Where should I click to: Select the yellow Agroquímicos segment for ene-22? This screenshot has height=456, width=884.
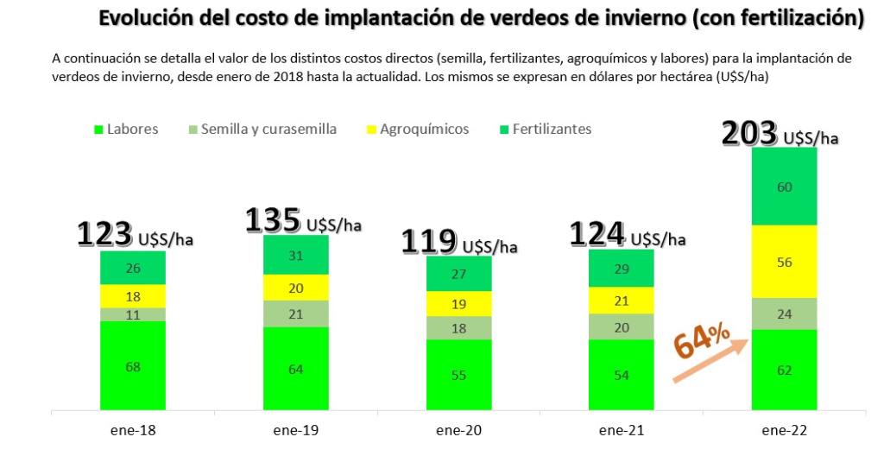pos(785,261)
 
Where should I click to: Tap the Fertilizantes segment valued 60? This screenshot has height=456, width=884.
pos(785,187)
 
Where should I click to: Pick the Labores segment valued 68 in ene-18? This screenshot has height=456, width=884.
pos(133,365)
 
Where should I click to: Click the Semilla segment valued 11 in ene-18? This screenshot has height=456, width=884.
pos(133,314)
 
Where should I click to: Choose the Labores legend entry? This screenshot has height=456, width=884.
pos(126,130)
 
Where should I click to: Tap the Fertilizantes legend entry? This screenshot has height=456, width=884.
pos(545,130)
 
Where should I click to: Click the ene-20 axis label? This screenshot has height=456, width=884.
pos(458,429)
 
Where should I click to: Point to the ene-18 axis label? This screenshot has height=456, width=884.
pos(133,429)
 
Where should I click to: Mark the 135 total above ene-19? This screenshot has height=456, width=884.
pos(273,220)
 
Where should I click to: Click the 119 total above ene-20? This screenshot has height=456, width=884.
pos(429,242)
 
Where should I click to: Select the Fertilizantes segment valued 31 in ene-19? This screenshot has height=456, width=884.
pos(296,255)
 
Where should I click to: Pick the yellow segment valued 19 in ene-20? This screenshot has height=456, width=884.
pos(459,303)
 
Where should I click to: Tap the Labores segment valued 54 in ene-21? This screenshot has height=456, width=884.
pos(622,375)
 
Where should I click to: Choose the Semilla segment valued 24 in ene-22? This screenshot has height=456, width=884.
pos(785,313)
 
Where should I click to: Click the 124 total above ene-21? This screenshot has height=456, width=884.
pos(595,234)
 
